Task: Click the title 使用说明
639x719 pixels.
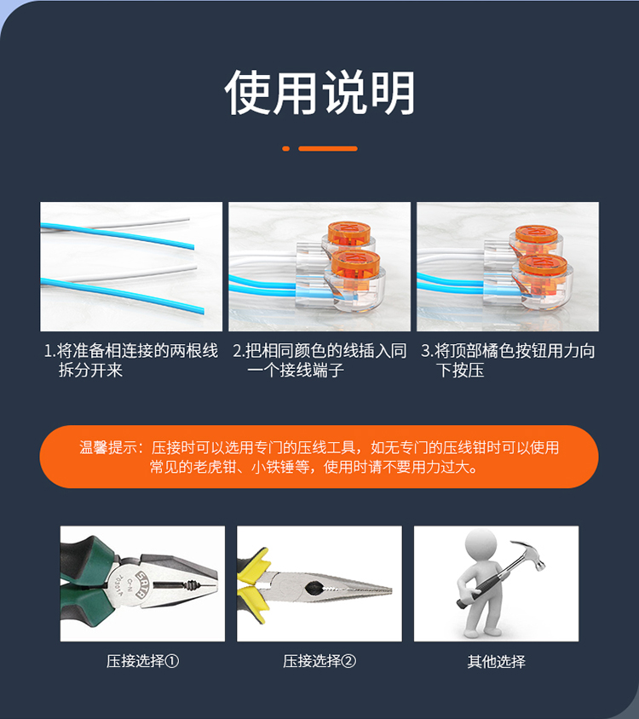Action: pyautogui.click(x=319, y=93)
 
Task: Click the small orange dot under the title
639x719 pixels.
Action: pyautogui.click(x=285, y=148)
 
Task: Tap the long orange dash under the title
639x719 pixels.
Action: pyautogui.click(x=327, y=148)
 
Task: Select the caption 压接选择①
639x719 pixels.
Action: pyautogui.click(x=142, y=661)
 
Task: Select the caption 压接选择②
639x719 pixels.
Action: pyautogui.click(x=319, y=661)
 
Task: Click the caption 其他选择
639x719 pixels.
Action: pyautogui.click(x=497, y=661)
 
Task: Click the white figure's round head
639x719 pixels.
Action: pyautogui.click(x=481, y=544)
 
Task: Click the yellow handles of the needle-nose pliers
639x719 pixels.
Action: pyautogui.click(x=252, y=584)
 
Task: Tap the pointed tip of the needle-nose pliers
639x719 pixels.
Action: pyautogui.click(x=391, y=590)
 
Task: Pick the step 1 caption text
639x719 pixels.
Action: pyautogui.click(x=130, y=360)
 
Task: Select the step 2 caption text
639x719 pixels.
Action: pyautogui.click(x=319, y=360)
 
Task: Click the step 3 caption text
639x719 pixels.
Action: pyautogui.click(x=508, y=360)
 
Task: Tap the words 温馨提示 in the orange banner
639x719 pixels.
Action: pyautogui.click(x=107, y=447)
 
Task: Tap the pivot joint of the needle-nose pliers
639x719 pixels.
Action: pyautogui.click(x=314, y=587)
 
